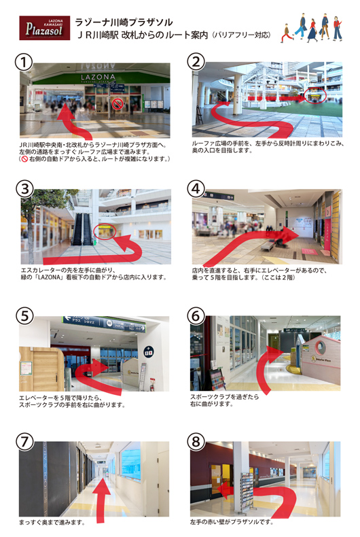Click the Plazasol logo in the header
tap(44, 28)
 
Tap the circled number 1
tap(24, 63)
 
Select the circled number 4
tap(196, 189)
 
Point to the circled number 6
tap(196, 315)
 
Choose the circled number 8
tap(196, 441)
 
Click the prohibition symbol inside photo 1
tap(118, 104)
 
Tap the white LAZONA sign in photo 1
tap(98, 77)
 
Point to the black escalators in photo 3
tap(82, 229)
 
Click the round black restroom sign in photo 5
tap(149, 351)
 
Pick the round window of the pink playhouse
tap(321, 347)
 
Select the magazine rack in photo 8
tap(247, 493)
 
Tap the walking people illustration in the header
tap(312, 28)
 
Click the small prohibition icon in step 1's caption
tap(24, 159)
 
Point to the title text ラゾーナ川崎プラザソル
tap(124, 22)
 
